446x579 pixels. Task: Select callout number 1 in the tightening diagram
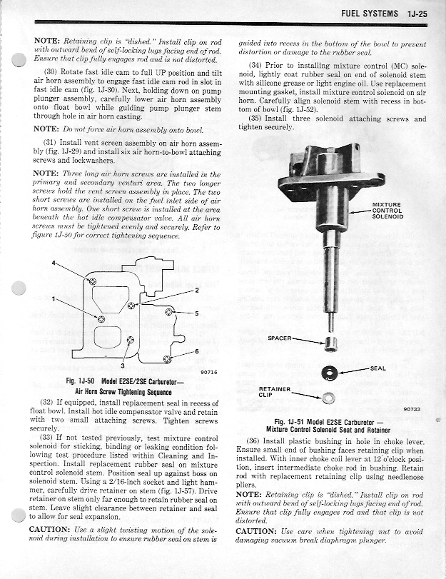pyautogui.click(x=54, y=298)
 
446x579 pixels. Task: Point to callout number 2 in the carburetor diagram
pyautogui.click(x=196, y=290)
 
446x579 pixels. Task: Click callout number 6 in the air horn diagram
pyautogui.click(x=196, y=351)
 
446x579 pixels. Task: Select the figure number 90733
pyautogui.click(x=411, y=409)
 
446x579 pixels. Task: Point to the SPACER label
pyautogui.click(x=280, y=338)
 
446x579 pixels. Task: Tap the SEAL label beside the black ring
pyautogui.click(x=378, y=368)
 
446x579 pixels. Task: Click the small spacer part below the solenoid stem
pyautogui.click(x=330, y=344)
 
